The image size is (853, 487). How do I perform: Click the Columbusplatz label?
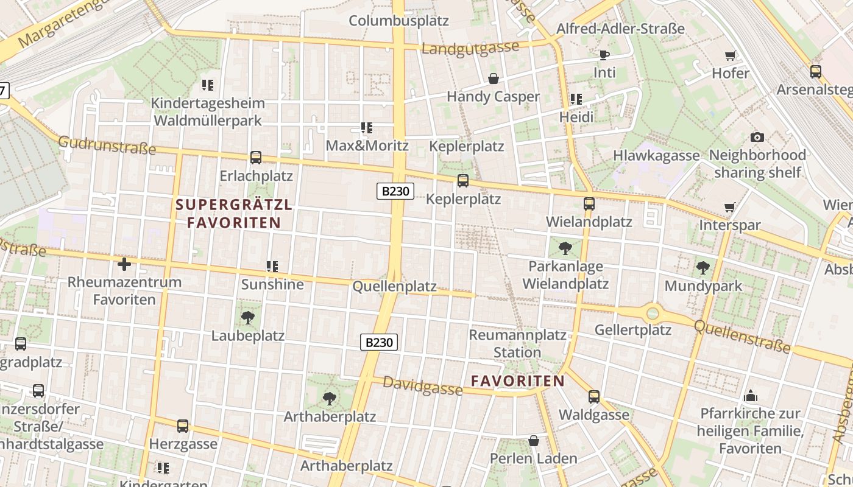[398, 21]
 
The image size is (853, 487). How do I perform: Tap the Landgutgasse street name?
[470, 48]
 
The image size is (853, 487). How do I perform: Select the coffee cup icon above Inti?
[604, 55]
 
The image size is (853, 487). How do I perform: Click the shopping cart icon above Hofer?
[730, 56]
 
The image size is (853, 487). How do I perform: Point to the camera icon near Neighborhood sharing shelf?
[757, 137]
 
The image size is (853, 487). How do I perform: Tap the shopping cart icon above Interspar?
[729, 208]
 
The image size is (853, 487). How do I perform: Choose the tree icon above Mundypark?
[703, 268]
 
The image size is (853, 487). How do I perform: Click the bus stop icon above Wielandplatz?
[589, 204]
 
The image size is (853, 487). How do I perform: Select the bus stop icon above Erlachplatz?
[256, 158]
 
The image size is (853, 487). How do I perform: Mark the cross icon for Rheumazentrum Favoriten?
[124, 264]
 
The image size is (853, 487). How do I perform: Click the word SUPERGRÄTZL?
[234, 205]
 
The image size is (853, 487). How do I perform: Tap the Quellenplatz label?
[394, 286]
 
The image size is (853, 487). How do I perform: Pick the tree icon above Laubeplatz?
[247, 317]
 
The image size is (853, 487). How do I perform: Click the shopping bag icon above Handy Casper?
[494, 79]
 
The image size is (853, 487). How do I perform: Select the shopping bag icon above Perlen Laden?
[534, 440]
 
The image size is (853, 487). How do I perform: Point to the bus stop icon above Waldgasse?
[594, 397]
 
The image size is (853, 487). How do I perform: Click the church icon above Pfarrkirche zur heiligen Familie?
[751, 396]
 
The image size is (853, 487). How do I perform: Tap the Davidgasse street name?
[422, 386]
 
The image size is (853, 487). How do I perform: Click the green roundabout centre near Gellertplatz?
[653, 314]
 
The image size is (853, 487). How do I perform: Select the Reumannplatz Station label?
[517, 343]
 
